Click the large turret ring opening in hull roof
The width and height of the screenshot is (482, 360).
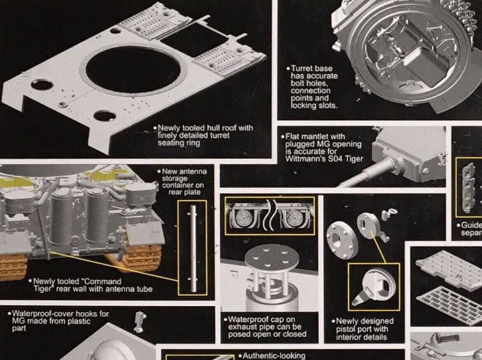132,72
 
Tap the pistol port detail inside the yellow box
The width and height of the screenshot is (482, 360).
374,287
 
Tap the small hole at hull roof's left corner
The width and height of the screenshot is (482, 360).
42,85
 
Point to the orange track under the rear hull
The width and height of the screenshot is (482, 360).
139,258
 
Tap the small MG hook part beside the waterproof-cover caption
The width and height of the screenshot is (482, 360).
139,321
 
